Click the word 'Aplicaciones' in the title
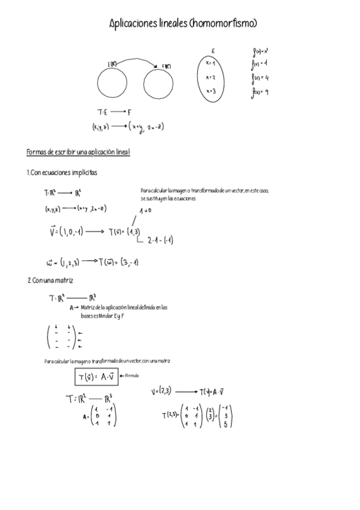[x=134, y=23]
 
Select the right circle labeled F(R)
[x=163, y=82]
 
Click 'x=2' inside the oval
[x=210, y=77]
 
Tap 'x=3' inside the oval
[x=210, y=91]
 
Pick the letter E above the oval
[x=213, y=51]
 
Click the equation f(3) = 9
[x=260, y=92]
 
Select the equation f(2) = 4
[x=260, y=78]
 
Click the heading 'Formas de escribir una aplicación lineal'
[x=78, y=152]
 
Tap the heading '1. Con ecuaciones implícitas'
[x=62, y=173]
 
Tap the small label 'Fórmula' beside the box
[x=131, y=376]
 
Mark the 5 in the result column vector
[x=224, y=423]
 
